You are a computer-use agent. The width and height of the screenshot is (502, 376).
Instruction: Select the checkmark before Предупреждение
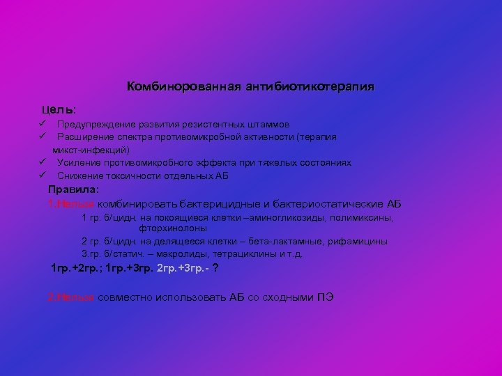(x=43, y=125)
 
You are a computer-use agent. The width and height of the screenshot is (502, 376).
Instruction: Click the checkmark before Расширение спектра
(x=43, y=137)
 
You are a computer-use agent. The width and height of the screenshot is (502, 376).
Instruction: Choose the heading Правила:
(x=74, y=189)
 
